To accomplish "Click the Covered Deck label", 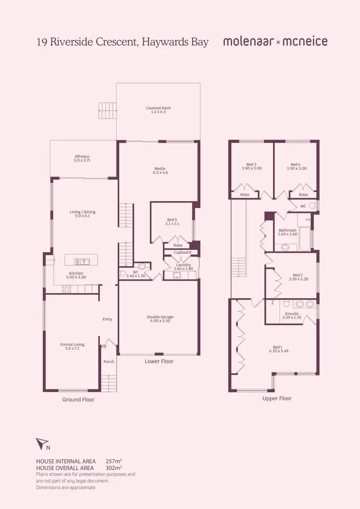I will [158, 108].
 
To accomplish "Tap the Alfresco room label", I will [82, 156].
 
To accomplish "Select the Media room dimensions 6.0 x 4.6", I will [160, 172].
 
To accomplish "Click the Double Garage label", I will [160, 317].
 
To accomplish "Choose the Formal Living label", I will [72, 344].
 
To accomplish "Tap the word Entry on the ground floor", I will [108, 319].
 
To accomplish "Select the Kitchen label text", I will [76, 273].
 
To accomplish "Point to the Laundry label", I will [183, 265].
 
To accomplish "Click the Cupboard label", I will [182, 252].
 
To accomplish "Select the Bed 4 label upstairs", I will [295, 164].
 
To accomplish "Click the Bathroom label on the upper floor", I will [288, 230].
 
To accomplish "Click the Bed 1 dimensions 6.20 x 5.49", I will [277, 351].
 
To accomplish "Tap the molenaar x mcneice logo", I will [275, 42].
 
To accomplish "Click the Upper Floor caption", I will [277, 398].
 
